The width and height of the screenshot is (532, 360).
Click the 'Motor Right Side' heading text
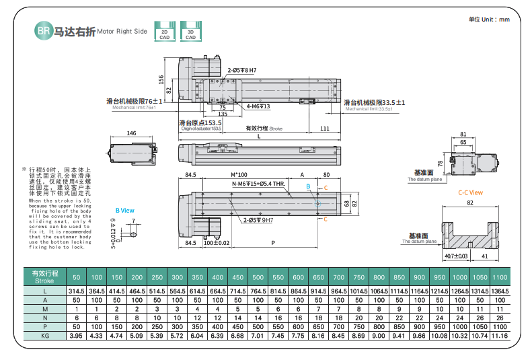tap(122, 32)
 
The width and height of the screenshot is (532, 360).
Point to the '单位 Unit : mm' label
tap(489, 20)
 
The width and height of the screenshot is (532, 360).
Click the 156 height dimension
tap(161, 79)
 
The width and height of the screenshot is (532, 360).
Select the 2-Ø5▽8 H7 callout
tap(241, 70)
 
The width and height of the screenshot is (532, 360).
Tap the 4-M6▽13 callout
tap(258, 106)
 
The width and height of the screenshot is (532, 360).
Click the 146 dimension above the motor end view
tap(132, 134)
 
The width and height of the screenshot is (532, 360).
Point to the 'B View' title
tap(125, 210)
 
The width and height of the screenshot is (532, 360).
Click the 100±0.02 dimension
tap(217, 243)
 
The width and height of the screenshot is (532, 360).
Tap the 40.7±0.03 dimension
tap(457, 256)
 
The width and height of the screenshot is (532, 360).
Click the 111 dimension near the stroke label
tap(324, 128)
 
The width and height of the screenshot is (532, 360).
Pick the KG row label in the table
tap(45, 334)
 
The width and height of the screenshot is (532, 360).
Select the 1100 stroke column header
tap(500, 277)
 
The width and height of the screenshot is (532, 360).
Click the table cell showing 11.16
tap(500, 334)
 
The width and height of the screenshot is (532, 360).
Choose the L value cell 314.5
tap(76, 290)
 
